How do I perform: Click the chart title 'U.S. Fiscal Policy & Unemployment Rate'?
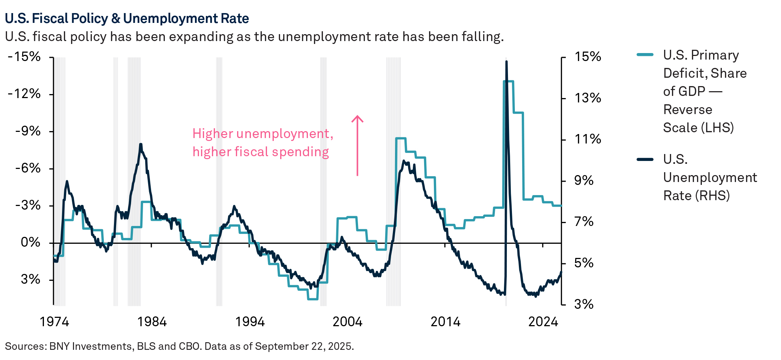pos(127,18)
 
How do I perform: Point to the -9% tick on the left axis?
pos(28,131)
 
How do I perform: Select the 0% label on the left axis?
pos(30,242)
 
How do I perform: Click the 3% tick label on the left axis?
pos(30,279)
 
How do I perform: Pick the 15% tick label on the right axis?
pos(587,57)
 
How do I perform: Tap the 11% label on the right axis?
pos(587,139)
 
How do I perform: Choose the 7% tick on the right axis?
pos(583,222)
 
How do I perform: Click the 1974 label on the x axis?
pos(54,322)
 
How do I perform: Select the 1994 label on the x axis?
pos(250,322)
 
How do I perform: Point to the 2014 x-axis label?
pos(445,322)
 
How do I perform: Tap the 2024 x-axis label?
pos(543,322)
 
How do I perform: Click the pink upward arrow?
pos(357,145)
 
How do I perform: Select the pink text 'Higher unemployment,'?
pos(263,134)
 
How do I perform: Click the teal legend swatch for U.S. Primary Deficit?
pos(645,55)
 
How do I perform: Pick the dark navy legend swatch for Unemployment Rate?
pos(645,159)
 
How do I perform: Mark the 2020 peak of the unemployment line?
pos(506,62)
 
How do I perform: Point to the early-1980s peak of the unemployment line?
pos(141,145)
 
